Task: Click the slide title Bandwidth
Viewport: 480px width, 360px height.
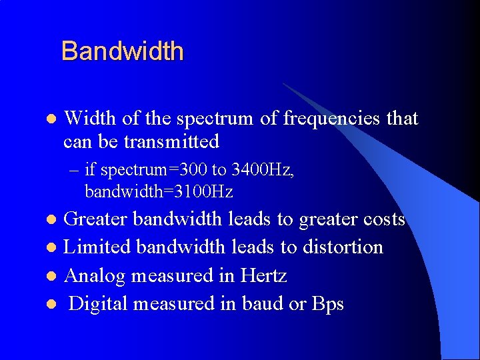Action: [x=122, y=51]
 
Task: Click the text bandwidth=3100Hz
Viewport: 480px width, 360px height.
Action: [x=159, y=192]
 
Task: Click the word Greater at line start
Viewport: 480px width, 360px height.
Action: [x=97, y=219]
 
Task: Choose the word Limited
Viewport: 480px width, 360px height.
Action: [x=97, y=247]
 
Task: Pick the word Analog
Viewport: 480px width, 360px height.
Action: [x=93, y=275]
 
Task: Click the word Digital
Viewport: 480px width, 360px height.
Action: [x=99, y=304]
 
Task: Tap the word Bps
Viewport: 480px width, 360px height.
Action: [x=328, y=304]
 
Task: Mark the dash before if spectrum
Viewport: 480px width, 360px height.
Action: [x=73, y=171]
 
